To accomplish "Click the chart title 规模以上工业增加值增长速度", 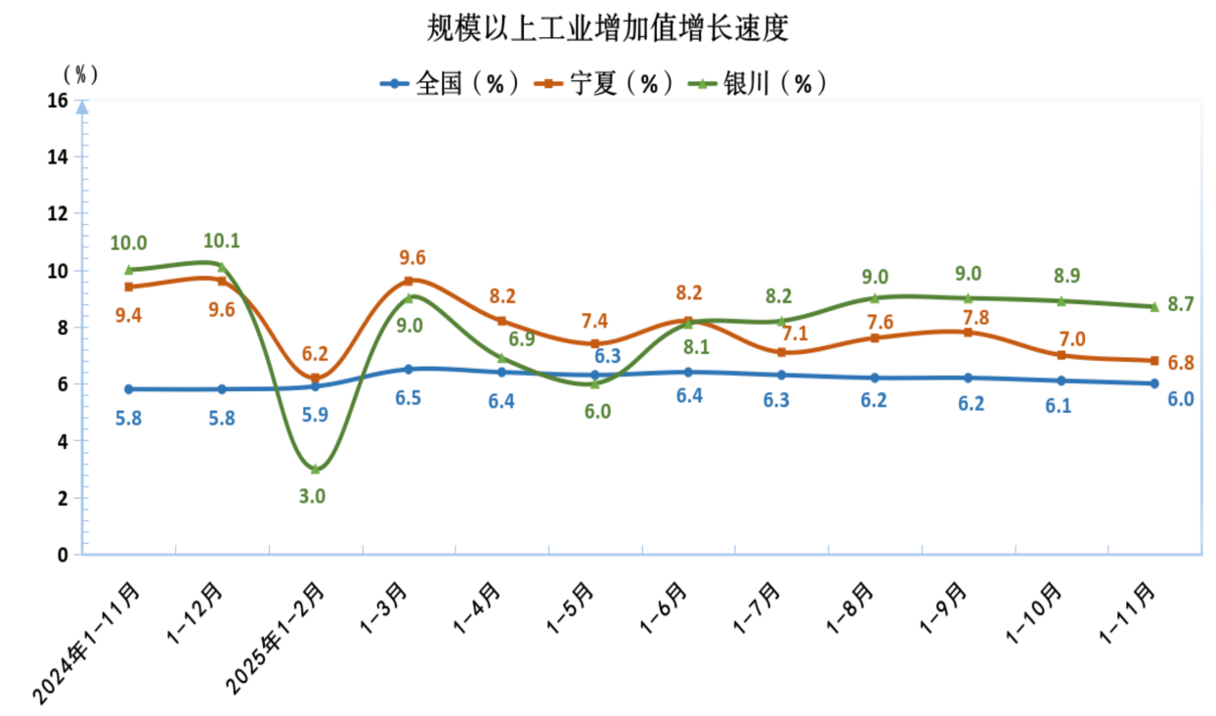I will [607, 28].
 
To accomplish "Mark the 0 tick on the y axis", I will [63, 555].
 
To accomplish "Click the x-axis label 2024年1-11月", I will [88, 641].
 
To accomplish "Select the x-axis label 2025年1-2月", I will [276, 641].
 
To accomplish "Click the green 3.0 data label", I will [312, 496].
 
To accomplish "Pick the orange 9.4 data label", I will [129, 315].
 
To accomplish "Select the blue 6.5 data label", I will [409, 400].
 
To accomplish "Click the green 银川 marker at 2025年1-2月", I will [315, 470].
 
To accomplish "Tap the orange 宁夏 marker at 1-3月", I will [409, 281].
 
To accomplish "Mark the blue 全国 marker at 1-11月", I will [1154, 383].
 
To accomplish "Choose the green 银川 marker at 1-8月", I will [875, 298].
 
